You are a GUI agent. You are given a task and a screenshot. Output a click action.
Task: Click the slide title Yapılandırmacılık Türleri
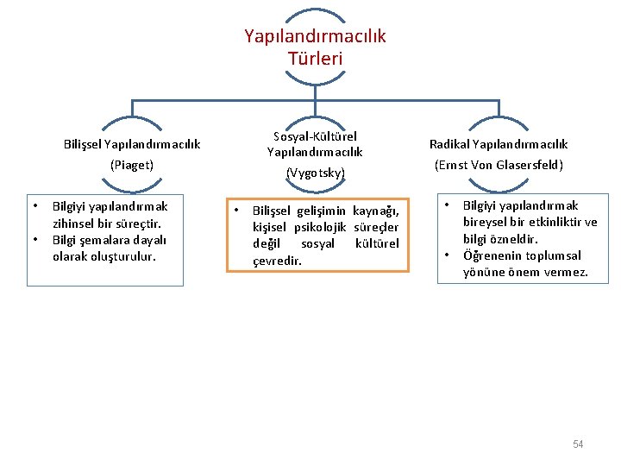coord(315,47)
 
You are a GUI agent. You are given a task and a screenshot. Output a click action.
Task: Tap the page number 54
coord(578,444)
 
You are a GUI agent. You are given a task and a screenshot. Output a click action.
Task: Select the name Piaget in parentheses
coord(132,165)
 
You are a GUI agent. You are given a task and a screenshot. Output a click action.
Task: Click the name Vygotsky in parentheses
coord(315,173)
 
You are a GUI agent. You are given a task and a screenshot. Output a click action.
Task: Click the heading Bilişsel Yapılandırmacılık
coord(132,144)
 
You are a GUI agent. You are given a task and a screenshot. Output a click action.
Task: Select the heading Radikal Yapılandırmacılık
coord(499,144)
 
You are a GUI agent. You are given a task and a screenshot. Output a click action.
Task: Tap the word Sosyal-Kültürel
coord(315,136)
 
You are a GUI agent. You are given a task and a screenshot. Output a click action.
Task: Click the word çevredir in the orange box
coord(277,261)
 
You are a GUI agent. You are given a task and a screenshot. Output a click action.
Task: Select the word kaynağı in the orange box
coord(376,211)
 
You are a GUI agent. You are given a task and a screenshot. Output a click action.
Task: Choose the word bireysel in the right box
coord(486,223)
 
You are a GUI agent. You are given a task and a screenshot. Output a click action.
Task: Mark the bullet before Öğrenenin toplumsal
coord(447,255)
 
